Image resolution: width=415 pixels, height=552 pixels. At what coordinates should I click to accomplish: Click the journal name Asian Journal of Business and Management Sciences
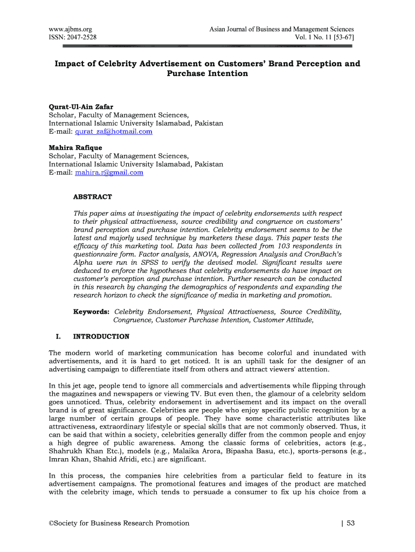(x=281, y=29)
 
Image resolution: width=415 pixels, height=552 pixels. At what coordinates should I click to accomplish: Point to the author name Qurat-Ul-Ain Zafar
(x=81, y=106)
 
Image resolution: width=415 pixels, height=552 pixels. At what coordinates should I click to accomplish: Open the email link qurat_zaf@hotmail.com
(x=113, y=132)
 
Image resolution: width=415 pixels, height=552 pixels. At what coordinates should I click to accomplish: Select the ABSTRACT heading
(x=93, y=197)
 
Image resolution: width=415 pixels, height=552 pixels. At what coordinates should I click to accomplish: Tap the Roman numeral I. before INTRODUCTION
(x=58, y=336)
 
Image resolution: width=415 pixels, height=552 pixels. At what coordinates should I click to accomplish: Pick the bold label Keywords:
(x=92, y=312)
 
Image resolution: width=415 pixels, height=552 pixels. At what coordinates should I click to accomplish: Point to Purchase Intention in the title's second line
(x=207, y=73)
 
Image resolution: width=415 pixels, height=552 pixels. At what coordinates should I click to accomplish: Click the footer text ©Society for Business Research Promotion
(x=119, y=522)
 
